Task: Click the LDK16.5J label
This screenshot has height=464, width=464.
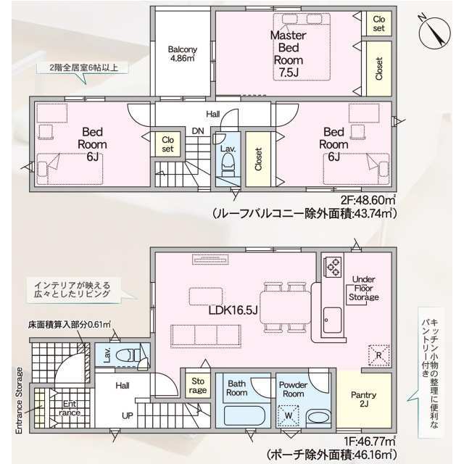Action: [232, 310]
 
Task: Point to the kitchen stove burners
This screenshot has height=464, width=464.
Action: [333, 268]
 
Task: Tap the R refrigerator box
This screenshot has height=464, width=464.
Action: [378, 355]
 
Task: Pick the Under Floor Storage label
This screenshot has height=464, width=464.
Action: [363, 288]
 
